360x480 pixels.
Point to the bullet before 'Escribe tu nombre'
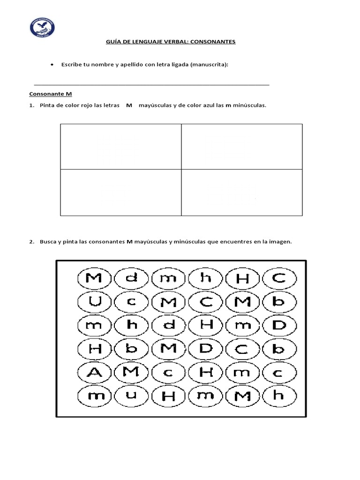52,64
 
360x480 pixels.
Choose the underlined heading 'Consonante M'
50,94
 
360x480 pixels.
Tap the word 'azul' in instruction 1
210,105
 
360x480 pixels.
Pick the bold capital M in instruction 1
129,105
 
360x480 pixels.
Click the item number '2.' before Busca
31,242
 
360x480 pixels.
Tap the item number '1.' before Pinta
31,105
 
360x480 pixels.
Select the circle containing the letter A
94,373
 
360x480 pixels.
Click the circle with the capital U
94,302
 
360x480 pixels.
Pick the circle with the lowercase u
131,396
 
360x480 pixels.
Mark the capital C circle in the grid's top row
279,278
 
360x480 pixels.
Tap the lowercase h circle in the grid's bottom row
279,396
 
